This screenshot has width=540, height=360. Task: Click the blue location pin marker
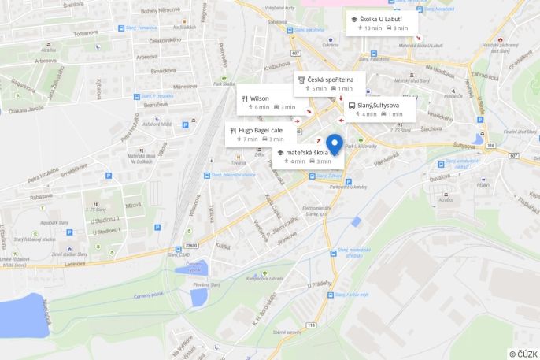(335, 144)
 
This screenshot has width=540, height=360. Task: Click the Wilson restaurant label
(260, 98)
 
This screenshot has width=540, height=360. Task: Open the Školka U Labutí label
(381, 19)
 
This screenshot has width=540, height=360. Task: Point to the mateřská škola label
(307, 152)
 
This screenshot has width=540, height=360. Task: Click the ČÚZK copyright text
(523, 354)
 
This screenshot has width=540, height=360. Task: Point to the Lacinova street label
(75, 264)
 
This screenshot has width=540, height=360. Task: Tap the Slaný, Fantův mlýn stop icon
(330, 295)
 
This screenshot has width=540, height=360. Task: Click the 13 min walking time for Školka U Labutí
(372, 28)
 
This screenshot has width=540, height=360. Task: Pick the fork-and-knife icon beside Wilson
(245, 98)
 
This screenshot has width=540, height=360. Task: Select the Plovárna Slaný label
(206, 284)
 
